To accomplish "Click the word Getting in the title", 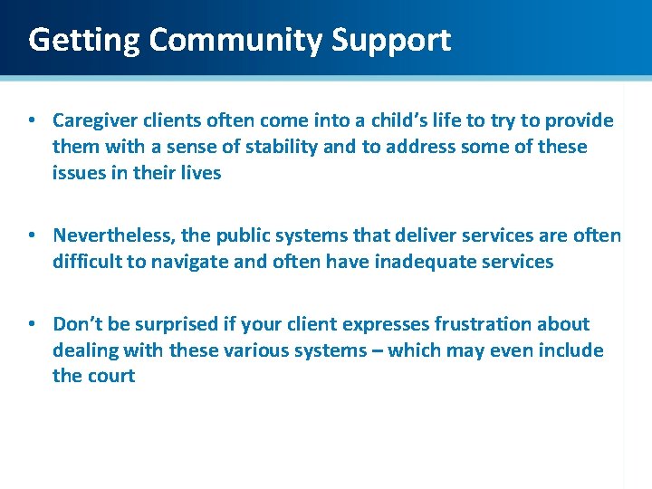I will (x=84, y=40).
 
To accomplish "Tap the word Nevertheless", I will (x=114, y=236).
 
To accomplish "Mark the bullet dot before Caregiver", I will (x=32, y=121).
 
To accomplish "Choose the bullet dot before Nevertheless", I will (x=32, y=236).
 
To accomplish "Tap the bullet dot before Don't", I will (x=32, y=324).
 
